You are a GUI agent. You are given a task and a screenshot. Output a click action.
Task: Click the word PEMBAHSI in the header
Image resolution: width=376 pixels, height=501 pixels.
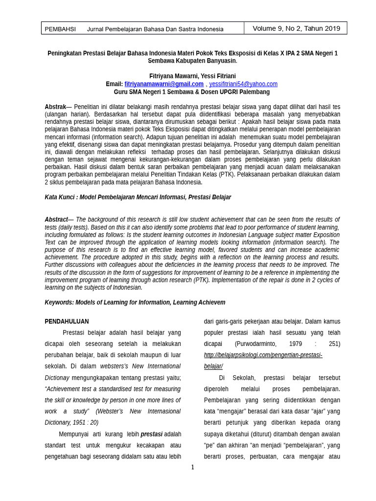click(60, 29)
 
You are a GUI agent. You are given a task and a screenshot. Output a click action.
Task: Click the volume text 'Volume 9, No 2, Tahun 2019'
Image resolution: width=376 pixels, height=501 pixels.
click(296, 28)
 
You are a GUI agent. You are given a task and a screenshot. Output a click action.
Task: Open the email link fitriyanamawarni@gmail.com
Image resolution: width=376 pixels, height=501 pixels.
click(164, 84)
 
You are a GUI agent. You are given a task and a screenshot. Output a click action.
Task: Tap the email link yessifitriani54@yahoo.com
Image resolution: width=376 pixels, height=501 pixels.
click(243, 84)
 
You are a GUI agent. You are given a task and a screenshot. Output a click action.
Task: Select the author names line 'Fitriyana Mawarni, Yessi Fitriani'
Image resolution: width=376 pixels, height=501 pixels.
click(192, 76)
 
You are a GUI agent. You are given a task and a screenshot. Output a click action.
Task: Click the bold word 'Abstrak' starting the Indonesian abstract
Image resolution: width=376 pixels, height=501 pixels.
click(55, 107)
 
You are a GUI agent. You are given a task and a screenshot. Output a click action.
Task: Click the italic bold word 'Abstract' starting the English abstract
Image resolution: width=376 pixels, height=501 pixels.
click(56, 220)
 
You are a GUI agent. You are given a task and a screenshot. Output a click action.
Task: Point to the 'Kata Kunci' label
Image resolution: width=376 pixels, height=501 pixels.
click(60, 197)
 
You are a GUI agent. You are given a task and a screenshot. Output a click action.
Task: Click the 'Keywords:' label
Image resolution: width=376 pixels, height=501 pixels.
click(59, 302)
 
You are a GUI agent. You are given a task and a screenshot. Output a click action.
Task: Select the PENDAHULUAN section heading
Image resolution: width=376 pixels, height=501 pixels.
click(67, 321)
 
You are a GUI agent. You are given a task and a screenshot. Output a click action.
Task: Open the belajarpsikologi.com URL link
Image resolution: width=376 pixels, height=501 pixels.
click(263, 355)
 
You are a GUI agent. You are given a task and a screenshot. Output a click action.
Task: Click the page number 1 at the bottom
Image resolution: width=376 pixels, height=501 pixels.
click(192, 467)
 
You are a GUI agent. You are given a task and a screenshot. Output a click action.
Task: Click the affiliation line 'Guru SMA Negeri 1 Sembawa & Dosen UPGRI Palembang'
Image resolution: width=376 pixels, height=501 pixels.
click(192, 91)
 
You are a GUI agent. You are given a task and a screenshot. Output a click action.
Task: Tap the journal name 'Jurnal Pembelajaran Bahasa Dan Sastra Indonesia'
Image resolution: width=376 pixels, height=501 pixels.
click(155, 29)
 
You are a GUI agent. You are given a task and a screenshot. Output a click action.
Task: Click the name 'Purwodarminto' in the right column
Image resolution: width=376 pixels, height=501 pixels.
click(262, 344)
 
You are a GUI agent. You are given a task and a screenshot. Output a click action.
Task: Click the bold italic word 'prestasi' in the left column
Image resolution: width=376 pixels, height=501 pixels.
click(152, 434)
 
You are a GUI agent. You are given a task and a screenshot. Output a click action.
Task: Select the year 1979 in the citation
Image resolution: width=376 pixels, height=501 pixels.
click(295, 344)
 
